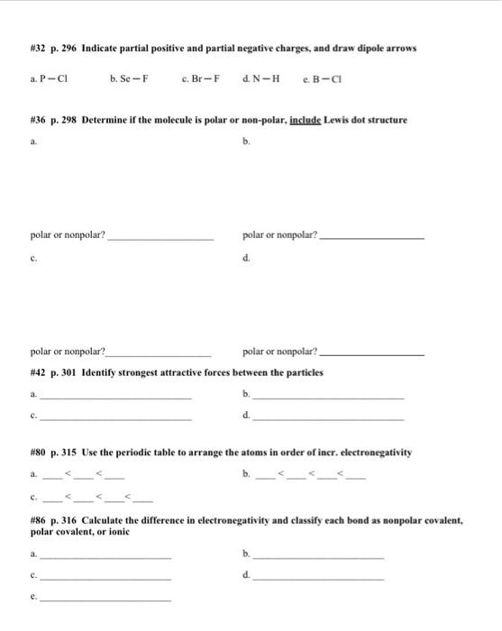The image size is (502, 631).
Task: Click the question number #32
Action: (37, 47)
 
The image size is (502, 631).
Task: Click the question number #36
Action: (37, 120)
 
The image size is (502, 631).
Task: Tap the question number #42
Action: (37, 373)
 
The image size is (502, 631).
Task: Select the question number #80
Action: (37, 451)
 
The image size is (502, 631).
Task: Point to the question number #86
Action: (37, 520)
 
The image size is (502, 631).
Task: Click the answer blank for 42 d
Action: (329, 419)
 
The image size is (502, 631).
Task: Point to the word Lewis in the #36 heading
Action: (347, 120)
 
